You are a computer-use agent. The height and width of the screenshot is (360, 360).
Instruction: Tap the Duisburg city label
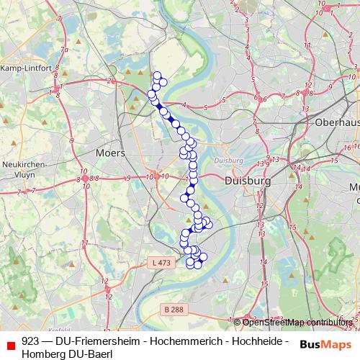247,181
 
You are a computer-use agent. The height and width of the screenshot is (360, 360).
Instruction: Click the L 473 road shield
162,264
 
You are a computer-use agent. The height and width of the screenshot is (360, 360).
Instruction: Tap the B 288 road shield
172,309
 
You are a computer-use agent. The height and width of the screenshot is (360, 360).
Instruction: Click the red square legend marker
9,347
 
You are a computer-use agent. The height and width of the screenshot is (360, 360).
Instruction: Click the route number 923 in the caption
30,341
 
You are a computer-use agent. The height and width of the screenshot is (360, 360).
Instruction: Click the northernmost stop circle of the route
157,75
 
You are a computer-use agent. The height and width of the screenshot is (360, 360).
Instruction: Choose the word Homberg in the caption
42,354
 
